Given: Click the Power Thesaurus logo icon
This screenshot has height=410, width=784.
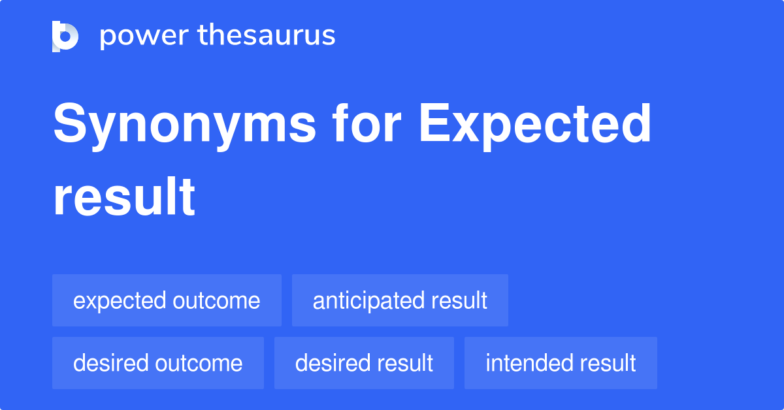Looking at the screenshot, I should pos(65,36).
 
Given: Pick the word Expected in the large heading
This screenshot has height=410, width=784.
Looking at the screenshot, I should pos(535,124).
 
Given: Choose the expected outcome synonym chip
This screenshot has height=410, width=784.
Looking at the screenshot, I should pos(167,300).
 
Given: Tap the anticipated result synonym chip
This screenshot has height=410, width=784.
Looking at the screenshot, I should pos(400,300).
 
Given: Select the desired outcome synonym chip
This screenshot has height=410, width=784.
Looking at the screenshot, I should pos(158,363).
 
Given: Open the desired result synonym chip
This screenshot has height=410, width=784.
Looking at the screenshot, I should pos(364,363).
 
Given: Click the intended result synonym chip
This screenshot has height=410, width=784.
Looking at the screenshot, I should pos(561,363).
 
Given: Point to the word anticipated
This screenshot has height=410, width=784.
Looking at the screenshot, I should pos(369,301).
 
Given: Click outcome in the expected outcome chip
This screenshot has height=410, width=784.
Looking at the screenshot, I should pos(216,301).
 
